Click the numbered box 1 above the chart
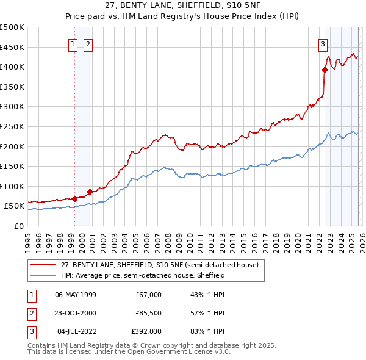tap(73, 43)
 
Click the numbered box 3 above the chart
tap(322, 43)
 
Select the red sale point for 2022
tap(325, 70)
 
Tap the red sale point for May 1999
tap(74, 199)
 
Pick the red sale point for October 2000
tap(90, 192)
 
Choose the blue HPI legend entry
tap(143, 275)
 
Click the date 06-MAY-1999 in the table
tap(76, 295)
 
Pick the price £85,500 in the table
tap(148, 313)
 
